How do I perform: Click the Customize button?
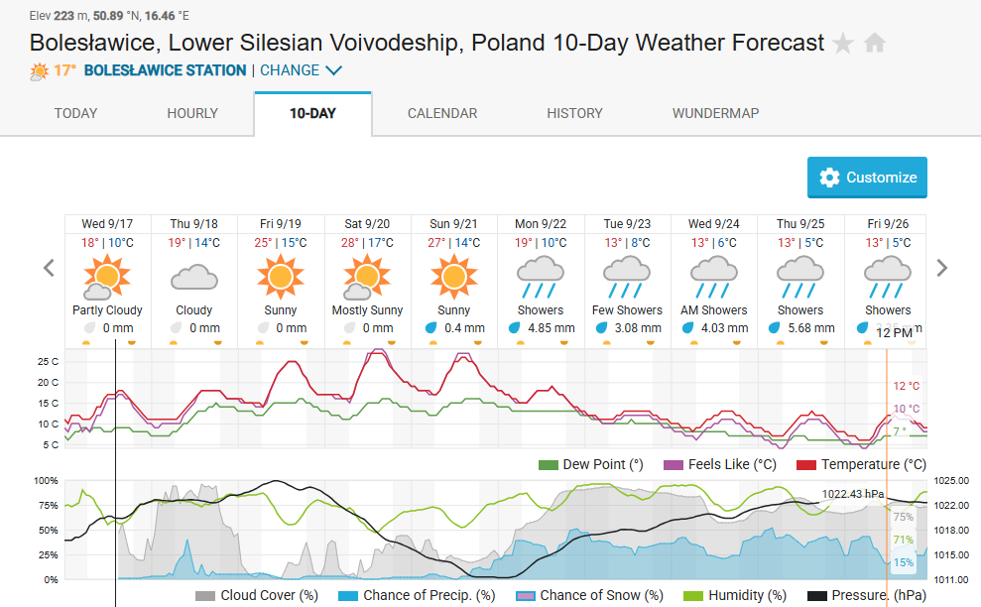[x=867, y=178]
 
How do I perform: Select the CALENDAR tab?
[x=442, y=113]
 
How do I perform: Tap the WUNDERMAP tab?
[x=715, y=113]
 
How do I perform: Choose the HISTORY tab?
[x=574, y=113]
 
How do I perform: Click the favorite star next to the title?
[x=843, y=44]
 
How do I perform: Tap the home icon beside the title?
[x=874, y=44]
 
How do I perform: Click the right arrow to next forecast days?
[x=942, y=268]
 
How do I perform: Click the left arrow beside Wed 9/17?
[x=48, y=268]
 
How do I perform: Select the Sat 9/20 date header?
[x=367, y=224]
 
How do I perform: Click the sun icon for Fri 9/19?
[x=281, y=276]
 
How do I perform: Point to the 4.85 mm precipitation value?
[x=552, y=328]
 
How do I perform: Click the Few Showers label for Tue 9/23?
[x=627, y=310]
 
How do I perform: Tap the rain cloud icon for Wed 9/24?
[x=714, y=276]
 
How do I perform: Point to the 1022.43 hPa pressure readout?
[x=852, y=493]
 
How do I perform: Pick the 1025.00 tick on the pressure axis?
[x=951, y=481]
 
